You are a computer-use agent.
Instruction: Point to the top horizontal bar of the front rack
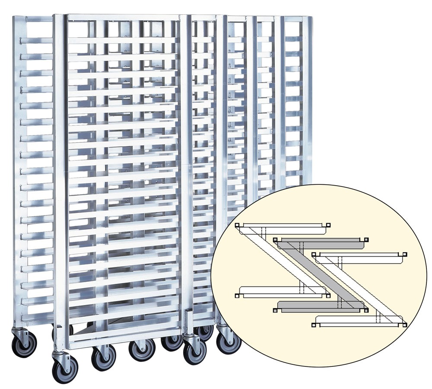pyautogui.click(x=123, y=17)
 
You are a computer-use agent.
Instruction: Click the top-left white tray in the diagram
pyautogui.click(x=283, y=228)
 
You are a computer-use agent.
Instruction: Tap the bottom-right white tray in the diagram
pyautogui.click(x=359, y=321)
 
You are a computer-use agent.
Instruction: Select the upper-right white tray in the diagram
pyautogui.click(x=361, y=257)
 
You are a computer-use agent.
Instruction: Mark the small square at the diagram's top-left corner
pyautogui.click(x=237, y=225)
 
